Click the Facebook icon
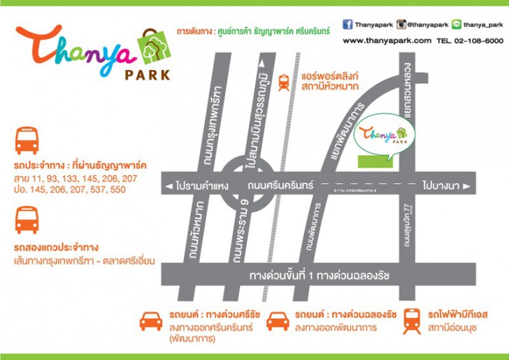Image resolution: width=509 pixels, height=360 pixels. [x=347, y=24]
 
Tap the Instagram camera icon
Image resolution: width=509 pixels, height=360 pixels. [x=401, y=24]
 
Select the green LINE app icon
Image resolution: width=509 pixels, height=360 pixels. [x=456, y=24]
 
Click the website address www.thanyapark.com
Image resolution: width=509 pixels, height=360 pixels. [x=387, y=41]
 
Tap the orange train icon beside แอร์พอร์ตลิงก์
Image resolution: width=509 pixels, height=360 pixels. [x=285, y=82]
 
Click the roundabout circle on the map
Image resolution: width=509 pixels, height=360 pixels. [x=248, y=185]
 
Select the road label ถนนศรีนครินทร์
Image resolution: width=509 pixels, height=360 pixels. [x=281, y=185]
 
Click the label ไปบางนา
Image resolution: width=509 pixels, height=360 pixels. [x=443, y=186]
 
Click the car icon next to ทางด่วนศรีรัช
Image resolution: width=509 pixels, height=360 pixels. [x=150, y=321]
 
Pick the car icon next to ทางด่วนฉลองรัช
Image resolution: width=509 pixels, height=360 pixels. [x=278, y=321]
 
